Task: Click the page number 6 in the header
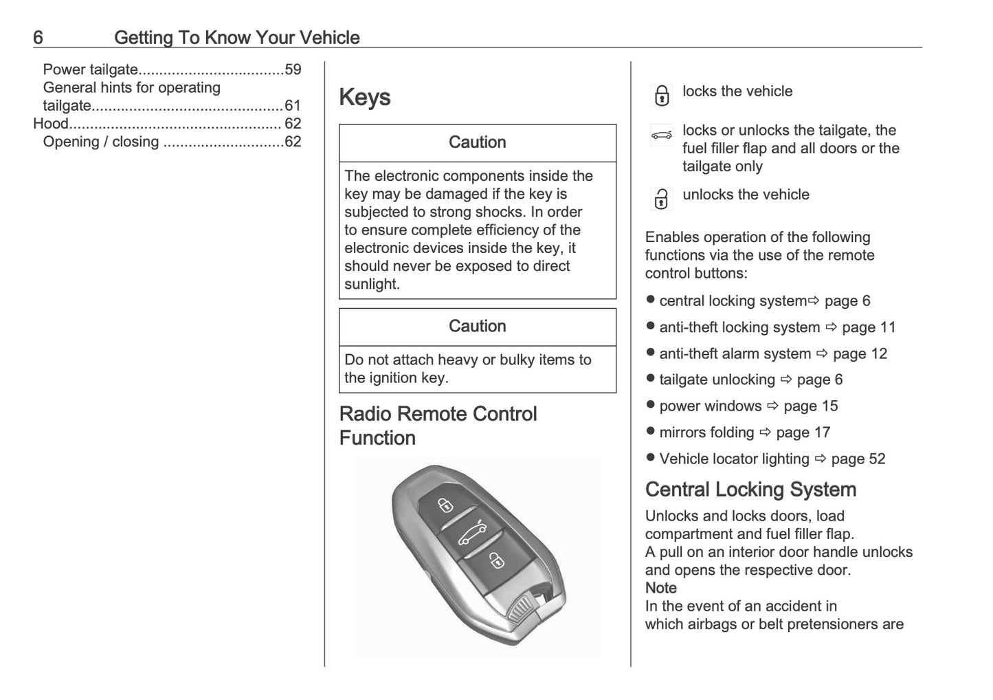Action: pyautogui.click(x=38, y=37)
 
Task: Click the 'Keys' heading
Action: pyautogui.click(x=365, y=98)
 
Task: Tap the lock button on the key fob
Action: pyautogui.click(x=445, y=505)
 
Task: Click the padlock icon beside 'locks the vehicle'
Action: pyautogui.click(x=661, y=96)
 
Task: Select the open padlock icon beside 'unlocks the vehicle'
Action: pyautogui.click(x=661, y=199)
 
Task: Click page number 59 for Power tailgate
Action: pyautogui.click(x=293, y=69)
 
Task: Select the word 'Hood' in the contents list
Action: pyautogui.click(x=51, y=124)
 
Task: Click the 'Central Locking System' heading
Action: pyautogui.click(x=750, y=490)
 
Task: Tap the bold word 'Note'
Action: pyautogui.click(x=660, y=588)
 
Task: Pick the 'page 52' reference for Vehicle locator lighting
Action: pyautogui.click(x=858, y=459)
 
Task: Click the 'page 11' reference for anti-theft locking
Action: pyautogui.click(x=869, y=328)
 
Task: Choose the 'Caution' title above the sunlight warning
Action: pyautogui.click(x=477, y=142)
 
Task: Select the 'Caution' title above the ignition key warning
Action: pyautogui.click(x=477, y=326)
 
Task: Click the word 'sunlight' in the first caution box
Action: pyautogui.click(x=370, y=284)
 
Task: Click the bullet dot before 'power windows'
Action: pyautogui.click(x=651, y=406)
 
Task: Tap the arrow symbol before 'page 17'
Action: pyautogui.click(x=766, y=433)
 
